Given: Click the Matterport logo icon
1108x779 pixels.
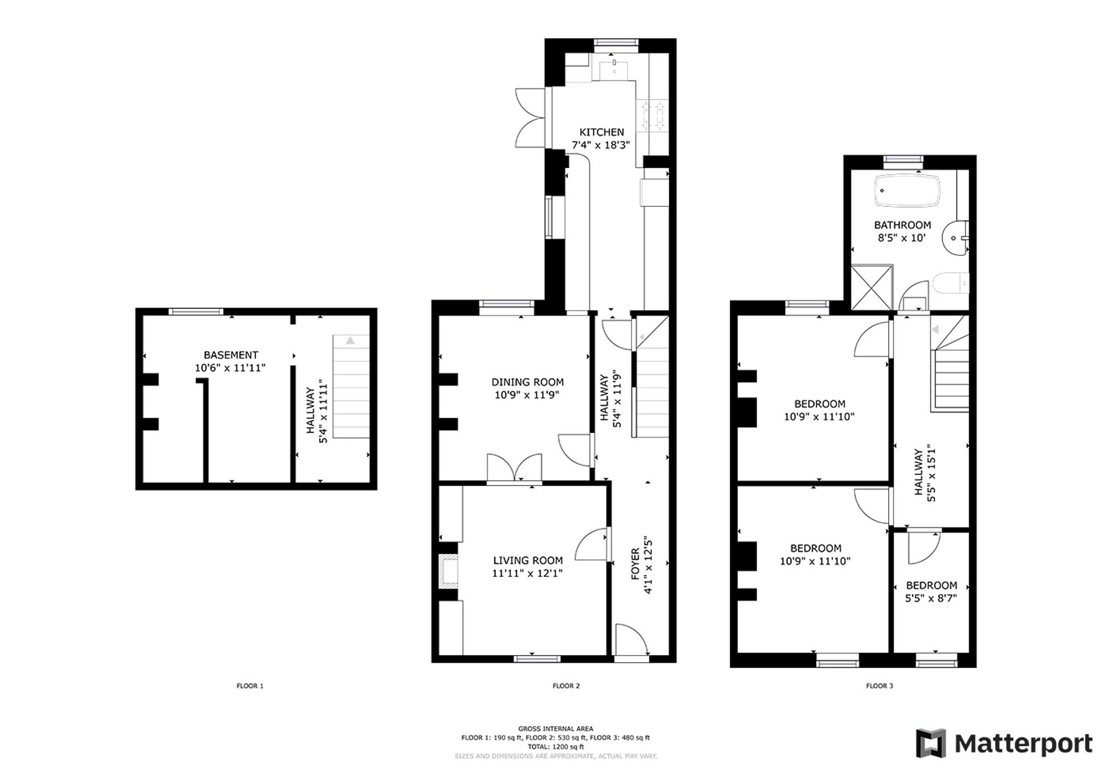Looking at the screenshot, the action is (931, 743).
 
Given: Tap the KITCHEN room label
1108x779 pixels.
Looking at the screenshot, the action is (602, 132).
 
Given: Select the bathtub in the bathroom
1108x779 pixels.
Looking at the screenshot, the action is (907, 191).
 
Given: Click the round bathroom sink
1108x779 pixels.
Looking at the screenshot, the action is (957, 239).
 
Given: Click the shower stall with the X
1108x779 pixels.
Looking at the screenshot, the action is (871, 287).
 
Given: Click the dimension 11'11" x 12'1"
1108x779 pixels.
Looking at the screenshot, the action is (527, 574).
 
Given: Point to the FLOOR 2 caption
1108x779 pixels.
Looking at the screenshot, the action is (566, 686).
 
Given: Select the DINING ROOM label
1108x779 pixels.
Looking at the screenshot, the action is (527, 382).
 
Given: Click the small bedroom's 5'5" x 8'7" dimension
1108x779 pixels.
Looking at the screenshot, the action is (931, 599).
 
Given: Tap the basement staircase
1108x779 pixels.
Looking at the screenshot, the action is (351, 386).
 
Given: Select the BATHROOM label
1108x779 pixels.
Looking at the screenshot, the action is (902, 225).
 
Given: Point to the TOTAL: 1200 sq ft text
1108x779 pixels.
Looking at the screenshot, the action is (556, 747).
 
